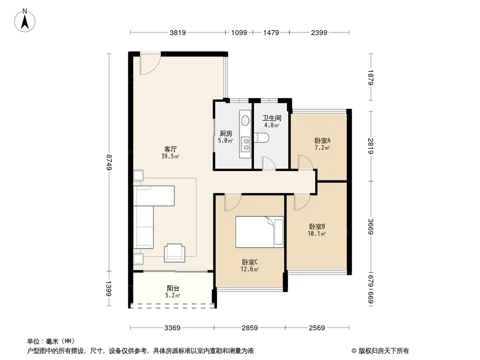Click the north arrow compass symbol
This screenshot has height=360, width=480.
coord(25,21)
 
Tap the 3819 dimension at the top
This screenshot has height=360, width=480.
coord(177,32)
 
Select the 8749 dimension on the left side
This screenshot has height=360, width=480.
coord(109,162)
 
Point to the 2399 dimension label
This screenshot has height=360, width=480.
coord(319,32)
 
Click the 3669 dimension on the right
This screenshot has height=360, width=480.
coord(371,226)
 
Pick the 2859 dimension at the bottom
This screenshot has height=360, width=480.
coord(249,328)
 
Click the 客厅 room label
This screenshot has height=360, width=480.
coord(170,149)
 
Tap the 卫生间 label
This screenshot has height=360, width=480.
coord(272,118)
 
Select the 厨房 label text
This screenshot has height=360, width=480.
coord(226,133)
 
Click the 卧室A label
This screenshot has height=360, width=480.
coord(322,141)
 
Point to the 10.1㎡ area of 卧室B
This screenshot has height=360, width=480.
coord(317,234)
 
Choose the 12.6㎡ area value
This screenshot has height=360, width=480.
coord(249,270)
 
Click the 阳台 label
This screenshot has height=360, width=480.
coord(173,288)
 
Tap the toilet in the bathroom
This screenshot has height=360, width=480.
coord(262,138)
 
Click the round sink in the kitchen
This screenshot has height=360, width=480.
coord(245,120)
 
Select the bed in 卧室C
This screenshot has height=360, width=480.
coord(260,232)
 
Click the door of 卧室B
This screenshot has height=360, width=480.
coord(302,202)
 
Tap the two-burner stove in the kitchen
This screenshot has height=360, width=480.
coord(245,144)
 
